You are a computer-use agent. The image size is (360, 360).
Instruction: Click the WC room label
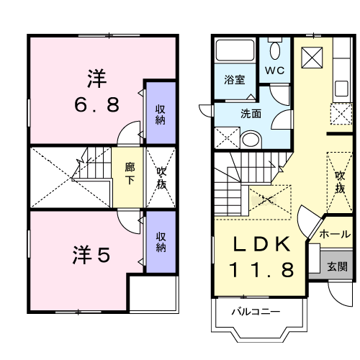point(274,71)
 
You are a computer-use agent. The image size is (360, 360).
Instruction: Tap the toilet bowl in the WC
point(274,51)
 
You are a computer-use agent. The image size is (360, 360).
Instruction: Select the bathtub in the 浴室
point(235,50)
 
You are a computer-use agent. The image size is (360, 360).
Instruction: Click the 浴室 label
point(235,80)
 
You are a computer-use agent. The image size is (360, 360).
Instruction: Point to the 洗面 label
point(251,114)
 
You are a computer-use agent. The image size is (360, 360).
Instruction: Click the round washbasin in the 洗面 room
point(251,140)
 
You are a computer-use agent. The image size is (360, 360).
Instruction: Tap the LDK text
point(261,244)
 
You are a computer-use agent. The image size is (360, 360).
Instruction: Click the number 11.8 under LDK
point(261,269)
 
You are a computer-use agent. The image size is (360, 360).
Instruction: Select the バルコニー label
point(256,312)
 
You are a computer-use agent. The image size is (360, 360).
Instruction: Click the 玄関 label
point(337,266)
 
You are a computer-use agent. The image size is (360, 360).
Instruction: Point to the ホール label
point(335,234)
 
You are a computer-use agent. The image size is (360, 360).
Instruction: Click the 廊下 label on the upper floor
point(130,174)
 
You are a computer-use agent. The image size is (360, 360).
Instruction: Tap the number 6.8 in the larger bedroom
point(96,104)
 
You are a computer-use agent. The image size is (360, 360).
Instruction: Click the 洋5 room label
point(91,254)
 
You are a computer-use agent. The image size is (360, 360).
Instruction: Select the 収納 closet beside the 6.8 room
point(161,112)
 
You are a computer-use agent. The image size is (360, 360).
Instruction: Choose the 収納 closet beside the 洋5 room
point(161,242)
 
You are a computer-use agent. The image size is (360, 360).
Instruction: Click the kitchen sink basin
point(341,89)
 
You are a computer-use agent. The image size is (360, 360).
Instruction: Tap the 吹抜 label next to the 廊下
point(161,178)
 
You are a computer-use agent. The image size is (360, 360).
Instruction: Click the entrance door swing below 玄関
point(341,294)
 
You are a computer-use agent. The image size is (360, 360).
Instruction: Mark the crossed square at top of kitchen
point(312,58)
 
